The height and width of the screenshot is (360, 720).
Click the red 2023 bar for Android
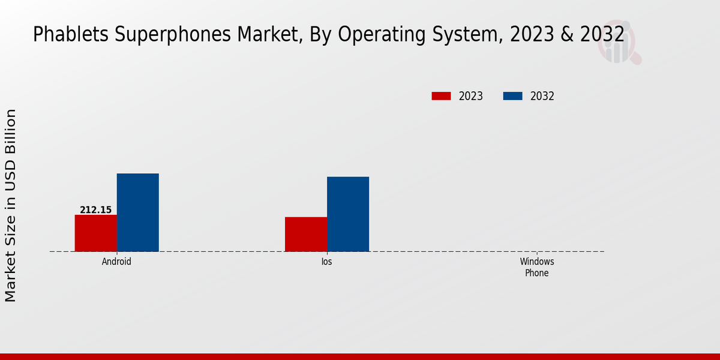pyautogui.click(x=95, y=233)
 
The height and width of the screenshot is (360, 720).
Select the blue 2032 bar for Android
pyautogui.click(x=137, y=212)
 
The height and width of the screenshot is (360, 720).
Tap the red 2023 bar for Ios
pyautogui.click(x=305, y=234)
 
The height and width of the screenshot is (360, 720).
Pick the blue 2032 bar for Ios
pyautogui.click(x=348, y=214)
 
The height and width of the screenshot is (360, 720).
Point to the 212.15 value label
pyautogui.click(x=95, y=210)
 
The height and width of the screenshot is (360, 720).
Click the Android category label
pyautogui.click(x=116, y=262)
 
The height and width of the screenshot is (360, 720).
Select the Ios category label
pyautogui.click(x=326, y=262)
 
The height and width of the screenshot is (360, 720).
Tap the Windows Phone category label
pyautogui.click(x=537, y=268)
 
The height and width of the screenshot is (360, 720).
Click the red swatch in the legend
pyautogui.click(x=441, y=96)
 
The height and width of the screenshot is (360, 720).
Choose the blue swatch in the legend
pyautogui.click(x=512, y=96)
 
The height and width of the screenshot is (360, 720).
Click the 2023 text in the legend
pyautogui.click(x=471, y=96)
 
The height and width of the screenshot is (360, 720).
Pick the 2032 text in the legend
pyautogui.click(x=542, y=96)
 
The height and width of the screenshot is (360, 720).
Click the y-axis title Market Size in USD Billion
pyautogui.click(x=11, y=205)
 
